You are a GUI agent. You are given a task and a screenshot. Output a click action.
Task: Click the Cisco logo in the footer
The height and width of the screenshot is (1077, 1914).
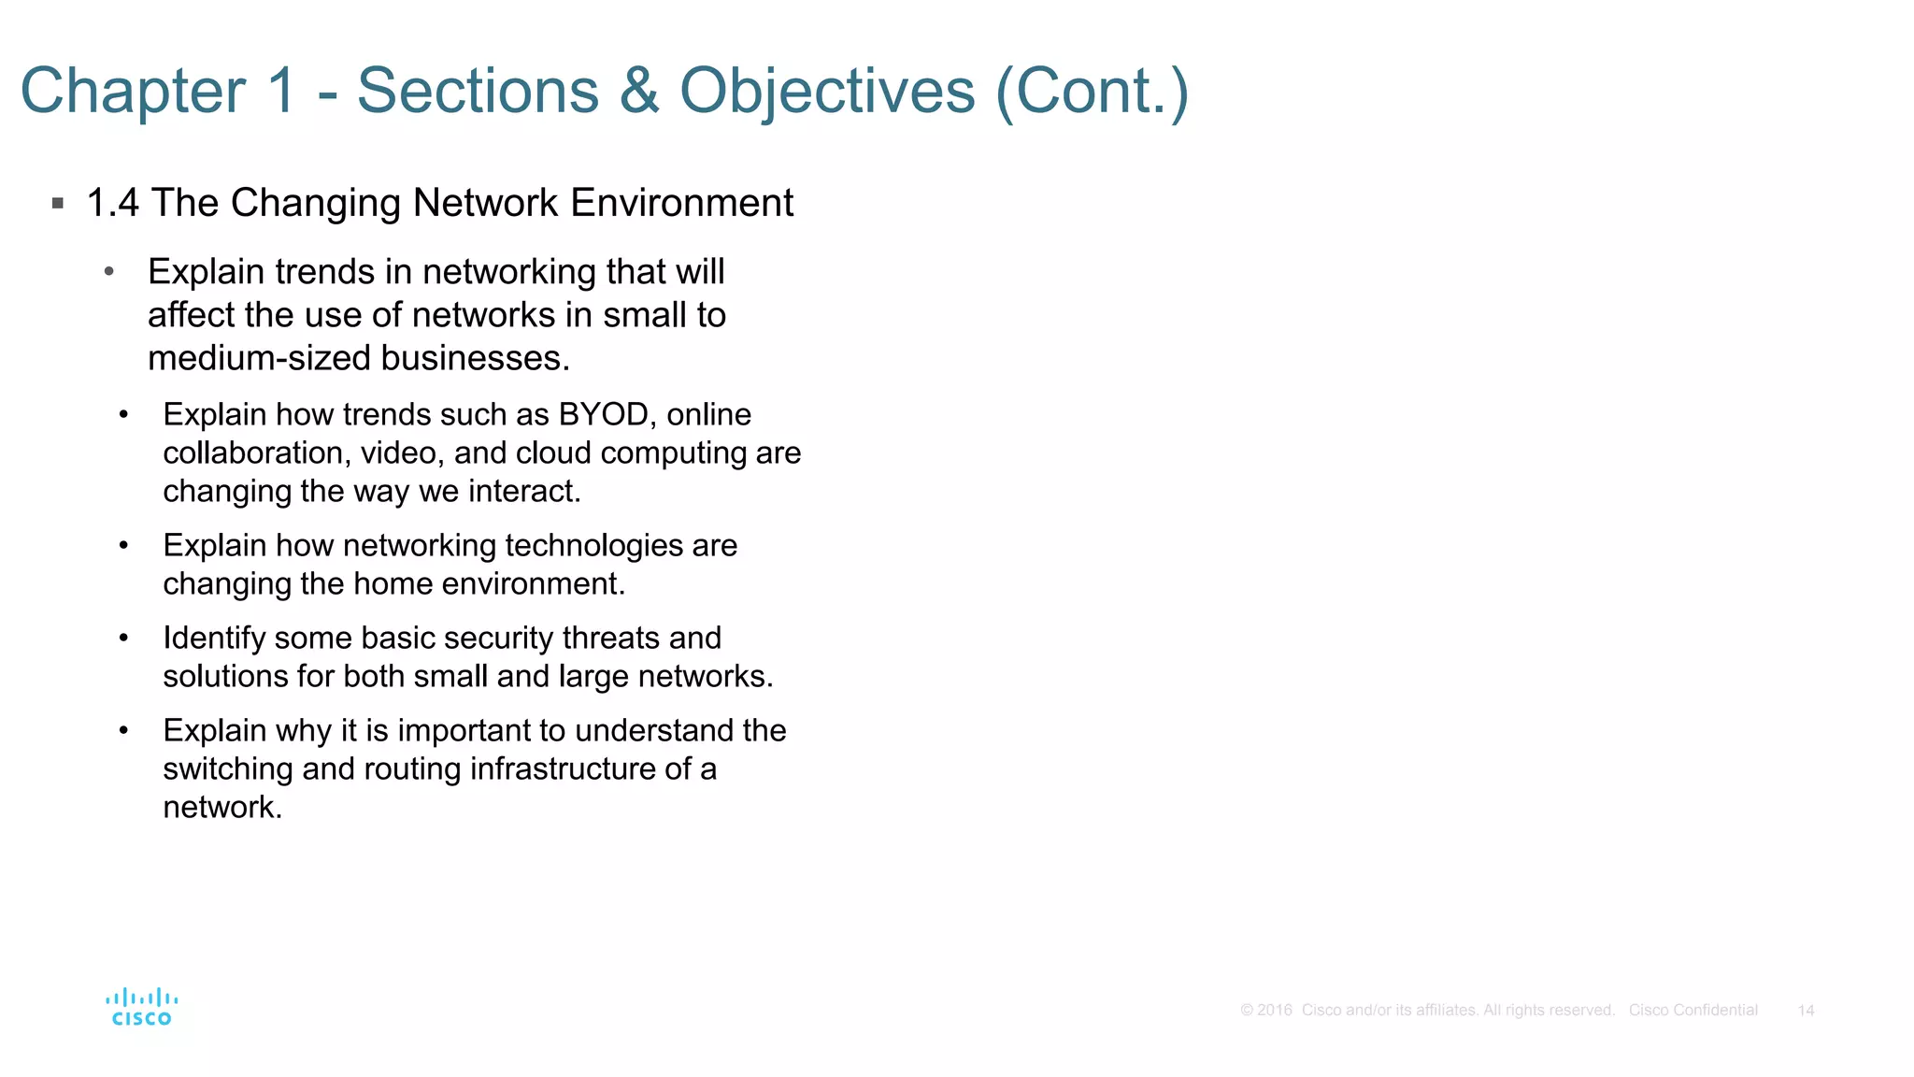[x=141, y=1007]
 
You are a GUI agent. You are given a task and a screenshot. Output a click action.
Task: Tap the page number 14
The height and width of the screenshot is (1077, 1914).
[x=1806, y=1011]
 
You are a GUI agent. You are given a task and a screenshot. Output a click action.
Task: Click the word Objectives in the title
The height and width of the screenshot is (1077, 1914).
[x=827, y=92]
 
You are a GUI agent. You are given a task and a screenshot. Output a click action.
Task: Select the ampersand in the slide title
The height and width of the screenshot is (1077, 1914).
[x=639, y=92]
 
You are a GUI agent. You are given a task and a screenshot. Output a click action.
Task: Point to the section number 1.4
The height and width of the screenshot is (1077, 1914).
[x=112, y=203]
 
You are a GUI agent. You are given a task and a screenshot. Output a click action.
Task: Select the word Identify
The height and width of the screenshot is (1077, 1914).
[x=214, y=639]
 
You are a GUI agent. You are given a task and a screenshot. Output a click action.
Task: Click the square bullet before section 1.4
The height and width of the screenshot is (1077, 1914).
[x=58, y=203]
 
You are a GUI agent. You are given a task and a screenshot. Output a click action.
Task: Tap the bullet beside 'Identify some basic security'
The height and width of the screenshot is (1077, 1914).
[x=123, y=639]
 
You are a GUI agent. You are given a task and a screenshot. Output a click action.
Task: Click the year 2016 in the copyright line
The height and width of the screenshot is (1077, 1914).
[x=1275, y=1011]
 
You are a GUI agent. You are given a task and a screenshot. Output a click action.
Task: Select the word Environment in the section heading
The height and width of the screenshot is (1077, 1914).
[x=682, y=203]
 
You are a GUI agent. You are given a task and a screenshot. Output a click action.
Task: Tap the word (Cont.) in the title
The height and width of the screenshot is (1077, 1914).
[x=1093, y=92]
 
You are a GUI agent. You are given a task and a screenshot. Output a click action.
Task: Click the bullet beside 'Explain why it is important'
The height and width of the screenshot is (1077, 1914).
[x=123, y=731]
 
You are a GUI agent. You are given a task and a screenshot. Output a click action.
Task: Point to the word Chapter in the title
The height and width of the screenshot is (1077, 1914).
[x=134, y=92]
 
